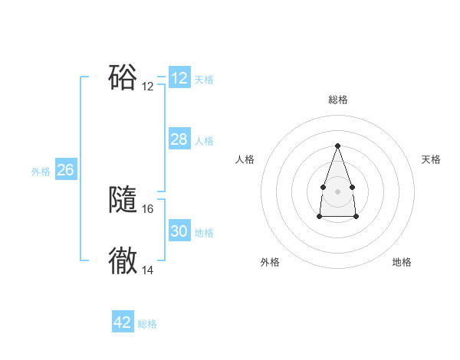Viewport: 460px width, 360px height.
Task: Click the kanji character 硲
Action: click(123, 77)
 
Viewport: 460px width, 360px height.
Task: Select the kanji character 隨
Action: click(123, 200)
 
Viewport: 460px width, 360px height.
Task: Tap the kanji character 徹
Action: click(123, 261)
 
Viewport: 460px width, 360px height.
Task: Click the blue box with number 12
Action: click(179, 78)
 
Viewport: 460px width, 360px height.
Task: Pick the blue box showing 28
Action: click(179, 139)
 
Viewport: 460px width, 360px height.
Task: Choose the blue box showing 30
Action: click(179, 231)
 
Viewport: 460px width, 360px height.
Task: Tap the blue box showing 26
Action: click(65, 169)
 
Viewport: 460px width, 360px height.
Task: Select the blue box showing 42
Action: click(123, 322)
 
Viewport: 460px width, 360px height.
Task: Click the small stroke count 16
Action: click(148, 208)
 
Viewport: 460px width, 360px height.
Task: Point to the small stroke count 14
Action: click(148, 270)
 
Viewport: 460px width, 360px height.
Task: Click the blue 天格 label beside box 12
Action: click(204, 80)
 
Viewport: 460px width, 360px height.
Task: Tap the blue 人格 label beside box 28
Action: click(204, 141)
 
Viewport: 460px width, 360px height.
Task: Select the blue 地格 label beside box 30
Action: click(204, 233)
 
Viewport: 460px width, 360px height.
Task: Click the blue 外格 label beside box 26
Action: click(41, 172)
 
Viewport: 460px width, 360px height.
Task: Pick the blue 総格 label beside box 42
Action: click(147, 324)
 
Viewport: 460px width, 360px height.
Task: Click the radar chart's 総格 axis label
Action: click(337, 100)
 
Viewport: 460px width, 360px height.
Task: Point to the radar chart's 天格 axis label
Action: click(431, 159)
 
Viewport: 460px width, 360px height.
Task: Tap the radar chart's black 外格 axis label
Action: click(270, 262)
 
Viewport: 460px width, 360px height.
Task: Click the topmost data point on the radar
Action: click(337, 146)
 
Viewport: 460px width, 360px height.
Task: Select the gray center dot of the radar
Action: click(337, 190)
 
